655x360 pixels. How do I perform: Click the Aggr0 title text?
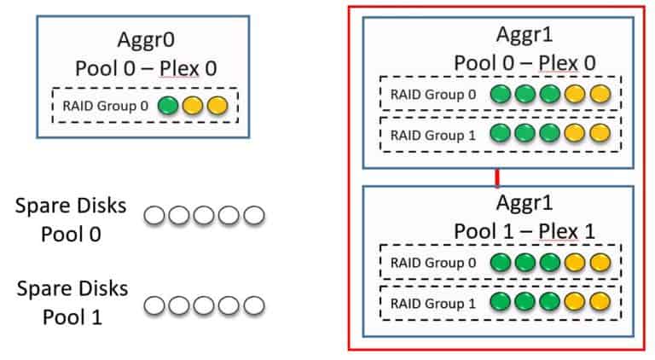coord(142,41)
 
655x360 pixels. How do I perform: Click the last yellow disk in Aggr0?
coord(217,106)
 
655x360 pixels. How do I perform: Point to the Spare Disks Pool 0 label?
coord(71,220)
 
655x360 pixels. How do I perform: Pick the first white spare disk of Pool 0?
coord(154,216)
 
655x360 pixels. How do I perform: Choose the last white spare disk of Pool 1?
coord(253,304)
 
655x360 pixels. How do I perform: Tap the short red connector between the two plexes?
coord(496,178)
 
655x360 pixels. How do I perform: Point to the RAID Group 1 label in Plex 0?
coord(423,135)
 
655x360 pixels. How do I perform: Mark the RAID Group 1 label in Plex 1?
coord(423,302)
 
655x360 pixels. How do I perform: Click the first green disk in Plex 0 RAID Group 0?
coord(501,93)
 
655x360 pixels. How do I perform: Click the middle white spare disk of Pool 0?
coord(204,216)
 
